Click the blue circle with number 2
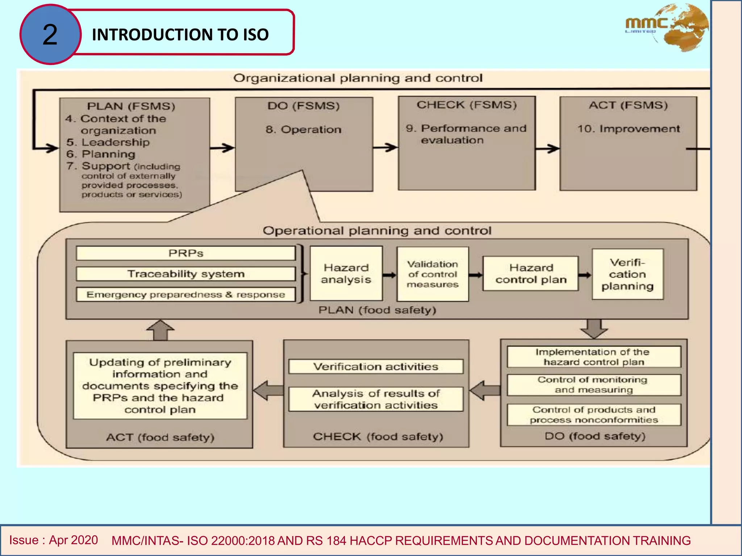(50, 35)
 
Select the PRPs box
(186, 253)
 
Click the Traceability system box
(186, 274)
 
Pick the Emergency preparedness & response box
(186, 295)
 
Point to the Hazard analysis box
(346, 274)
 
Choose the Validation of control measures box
(433, 274)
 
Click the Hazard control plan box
(531, 274)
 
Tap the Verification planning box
(628, 274)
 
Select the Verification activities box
(376, 367)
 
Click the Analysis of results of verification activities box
(376, 399)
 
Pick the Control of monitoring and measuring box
(594, 385)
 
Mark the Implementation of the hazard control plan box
(594, 357)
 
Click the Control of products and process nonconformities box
(594, 415)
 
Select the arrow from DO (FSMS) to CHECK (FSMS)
(385, 147)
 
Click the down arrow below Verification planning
(594, 328)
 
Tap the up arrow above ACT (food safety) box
(161, 330)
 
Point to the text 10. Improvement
(629, 129)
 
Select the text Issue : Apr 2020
(54, 540)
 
